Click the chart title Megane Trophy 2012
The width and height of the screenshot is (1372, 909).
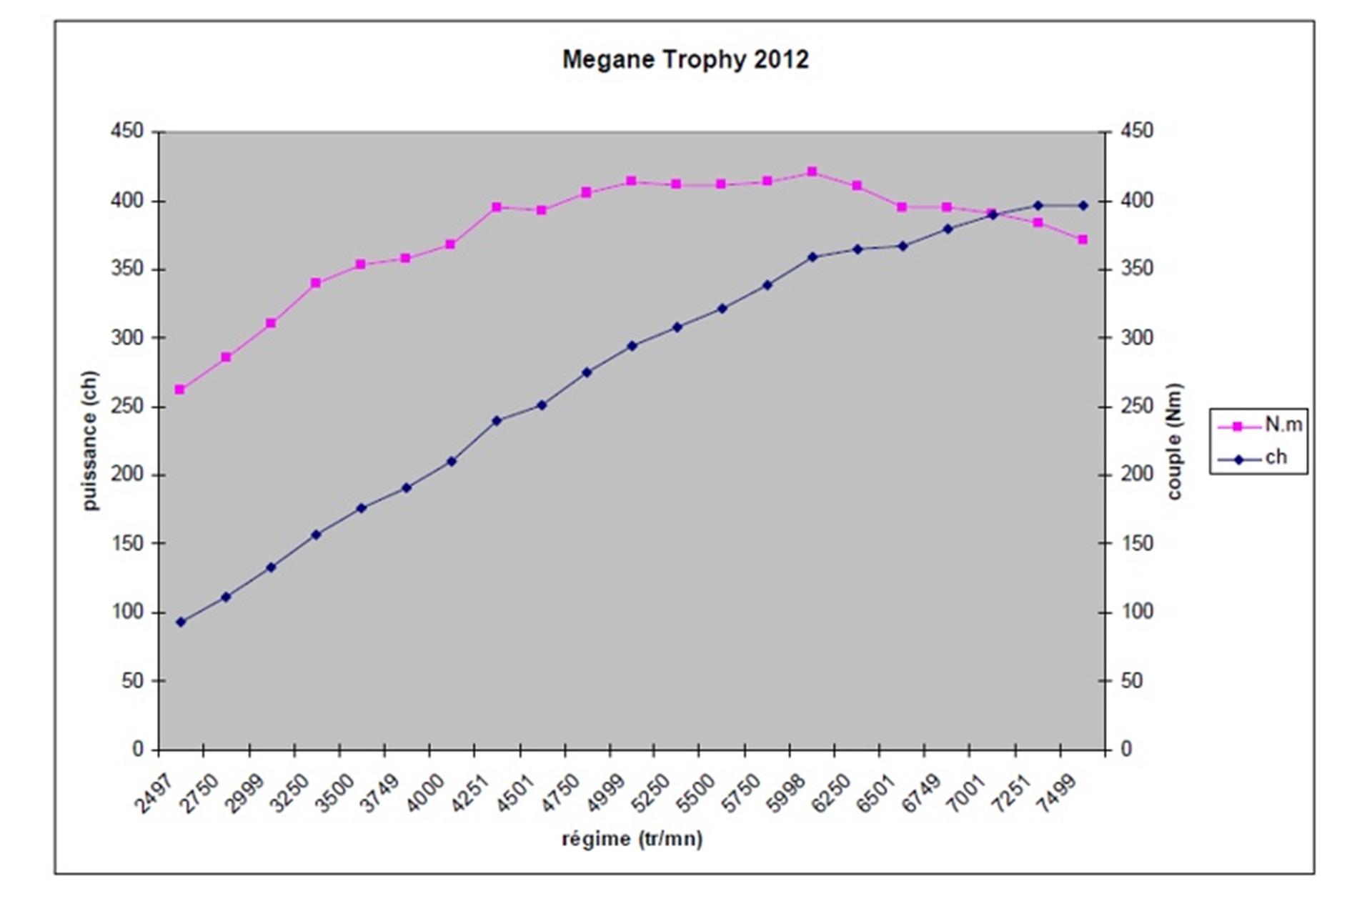tap(685, 59)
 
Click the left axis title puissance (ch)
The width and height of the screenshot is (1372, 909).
tap(89, 440)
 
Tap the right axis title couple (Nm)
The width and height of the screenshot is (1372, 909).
tap(1174, 441)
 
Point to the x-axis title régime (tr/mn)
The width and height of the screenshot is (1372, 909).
tap(632, 838)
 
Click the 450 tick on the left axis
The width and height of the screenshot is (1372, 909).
tap(127, 131)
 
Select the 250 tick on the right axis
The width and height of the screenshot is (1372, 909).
tap(1137, 407)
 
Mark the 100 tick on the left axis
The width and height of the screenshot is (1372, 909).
tap(127, 612)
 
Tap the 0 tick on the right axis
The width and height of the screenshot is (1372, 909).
tap(1127, 749)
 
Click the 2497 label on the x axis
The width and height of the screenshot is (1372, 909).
tap(154, 793)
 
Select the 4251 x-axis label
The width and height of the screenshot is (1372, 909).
tap(470, 793)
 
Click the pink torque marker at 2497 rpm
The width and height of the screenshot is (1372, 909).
tap(180, 389)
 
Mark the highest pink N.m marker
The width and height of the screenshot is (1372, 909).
tap(812, 172)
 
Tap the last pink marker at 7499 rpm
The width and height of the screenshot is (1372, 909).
tap(1083, 239)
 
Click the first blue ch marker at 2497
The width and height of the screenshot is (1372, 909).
tap(180, 622)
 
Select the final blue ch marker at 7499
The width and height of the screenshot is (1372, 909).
tap(1083, 205)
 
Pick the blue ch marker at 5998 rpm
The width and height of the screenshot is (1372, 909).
tap(812, 257)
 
